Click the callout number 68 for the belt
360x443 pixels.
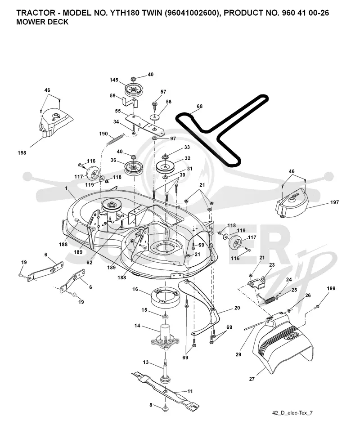(199, 106)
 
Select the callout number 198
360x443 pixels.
(22, 152)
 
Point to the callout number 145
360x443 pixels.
(114, 80)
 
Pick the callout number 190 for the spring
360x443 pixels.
(103, 134)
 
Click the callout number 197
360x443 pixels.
(334, 202)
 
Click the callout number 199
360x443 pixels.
(331, 288)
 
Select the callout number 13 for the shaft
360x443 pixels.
(146, 362)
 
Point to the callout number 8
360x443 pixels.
(151, 405)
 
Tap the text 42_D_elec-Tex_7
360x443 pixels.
(292, 413)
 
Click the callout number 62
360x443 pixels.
(90, 263)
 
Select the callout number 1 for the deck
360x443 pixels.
(66, 188)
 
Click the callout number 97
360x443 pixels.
(173, 139)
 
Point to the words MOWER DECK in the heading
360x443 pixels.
(42, 22)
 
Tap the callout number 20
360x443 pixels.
(237, 308)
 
